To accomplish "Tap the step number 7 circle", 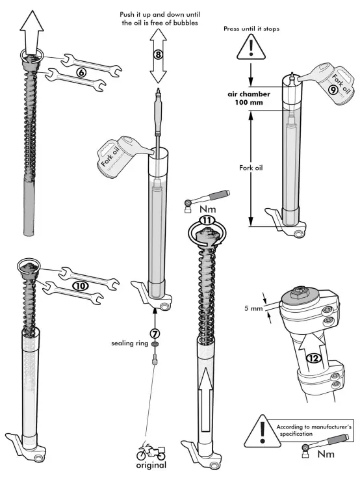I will coord(155,332).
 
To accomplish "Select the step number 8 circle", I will coord(157,55).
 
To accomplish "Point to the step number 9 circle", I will coord(333,90).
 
